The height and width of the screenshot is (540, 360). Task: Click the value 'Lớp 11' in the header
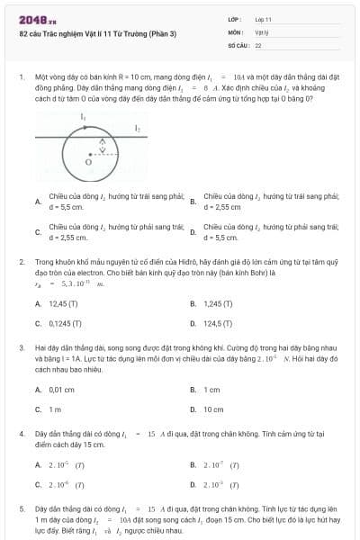tap(263, 18)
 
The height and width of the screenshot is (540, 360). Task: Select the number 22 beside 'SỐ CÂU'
tap(258, 43)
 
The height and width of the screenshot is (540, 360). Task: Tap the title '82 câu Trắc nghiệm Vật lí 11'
tap(98, 34)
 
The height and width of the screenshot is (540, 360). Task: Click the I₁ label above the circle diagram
tap(84, 118)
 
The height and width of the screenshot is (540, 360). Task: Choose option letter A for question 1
tap(37, 202)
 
